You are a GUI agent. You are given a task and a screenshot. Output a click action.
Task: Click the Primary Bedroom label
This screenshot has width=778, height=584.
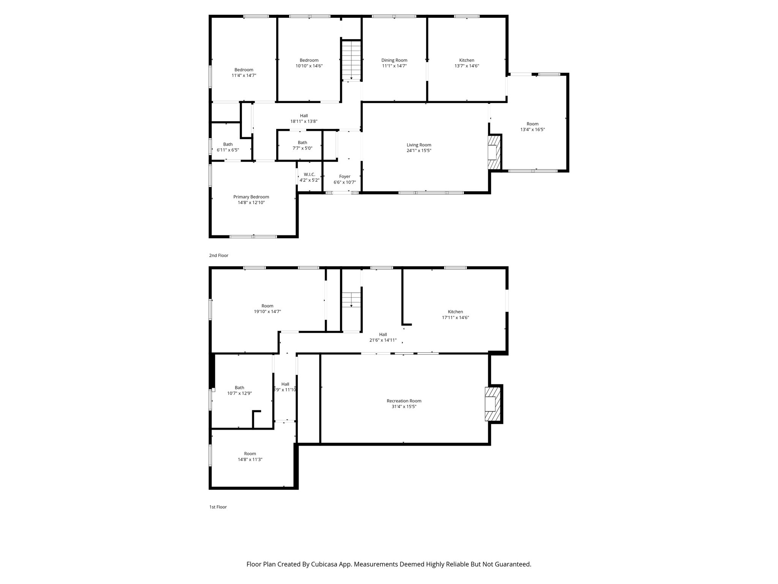click(x=251, y=197)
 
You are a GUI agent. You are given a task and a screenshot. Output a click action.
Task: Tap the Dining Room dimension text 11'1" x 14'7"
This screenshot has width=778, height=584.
click(x=394, y=66)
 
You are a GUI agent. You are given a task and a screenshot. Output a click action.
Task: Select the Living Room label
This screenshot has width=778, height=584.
click(x=419, y=145)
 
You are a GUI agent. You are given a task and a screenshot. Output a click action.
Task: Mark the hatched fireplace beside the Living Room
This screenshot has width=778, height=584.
click(x=494, y=152)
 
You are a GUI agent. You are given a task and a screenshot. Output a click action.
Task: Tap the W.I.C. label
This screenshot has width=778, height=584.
click(x=309, y=175)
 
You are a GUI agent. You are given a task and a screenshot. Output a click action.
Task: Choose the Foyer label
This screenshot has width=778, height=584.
click(x=345, y=176)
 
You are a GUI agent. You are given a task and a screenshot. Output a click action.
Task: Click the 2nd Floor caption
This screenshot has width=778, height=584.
click(x=219, y=255)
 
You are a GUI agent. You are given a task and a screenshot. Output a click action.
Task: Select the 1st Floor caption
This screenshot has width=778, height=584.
click(x=218, y=507)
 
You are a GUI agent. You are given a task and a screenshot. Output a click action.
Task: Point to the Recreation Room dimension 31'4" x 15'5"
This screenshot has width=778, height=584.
click(x=404, y=406)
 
